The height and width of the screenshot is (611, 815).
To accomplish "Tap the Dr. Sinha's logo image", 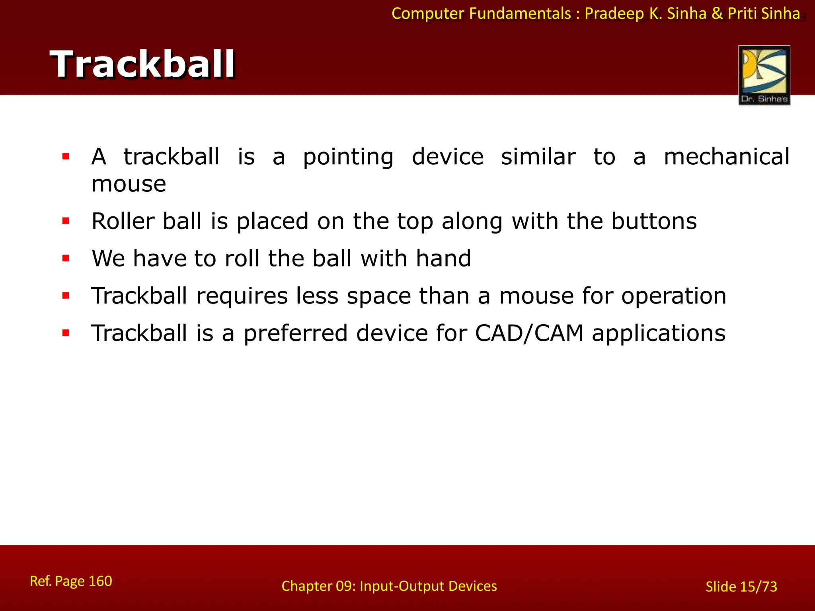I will tap(764, 75).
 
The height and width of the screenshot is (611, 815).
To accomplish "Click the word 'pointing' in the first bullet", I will tap(348, 157).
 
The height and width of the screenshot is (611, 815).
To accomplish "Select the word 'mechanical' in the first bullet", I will tap(727, 156).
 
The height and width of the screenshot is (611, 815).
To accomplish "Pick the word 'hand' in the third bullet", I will tap(443, 259).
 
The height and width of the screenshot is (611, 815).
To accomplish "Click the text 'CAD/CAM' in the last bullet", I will tap(529, 333).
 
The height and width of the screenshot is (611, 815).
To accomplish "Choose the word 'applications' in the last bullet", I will tap(659, 334).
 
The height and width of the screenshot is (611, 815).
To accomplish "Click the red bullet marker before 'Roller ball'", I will tap(66, 221).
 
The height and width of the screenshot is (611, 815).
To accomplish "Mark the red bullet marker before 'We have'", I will tap(66, 258).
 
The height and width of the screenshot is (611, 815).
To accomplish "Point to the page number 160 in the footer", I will tap(100, 581).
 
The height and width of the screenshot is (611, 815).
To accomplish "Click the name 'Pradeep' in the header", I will tap(614, 14).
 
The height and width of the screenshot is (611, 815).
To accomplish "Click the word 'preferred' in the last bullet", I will tap(295, 334).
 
